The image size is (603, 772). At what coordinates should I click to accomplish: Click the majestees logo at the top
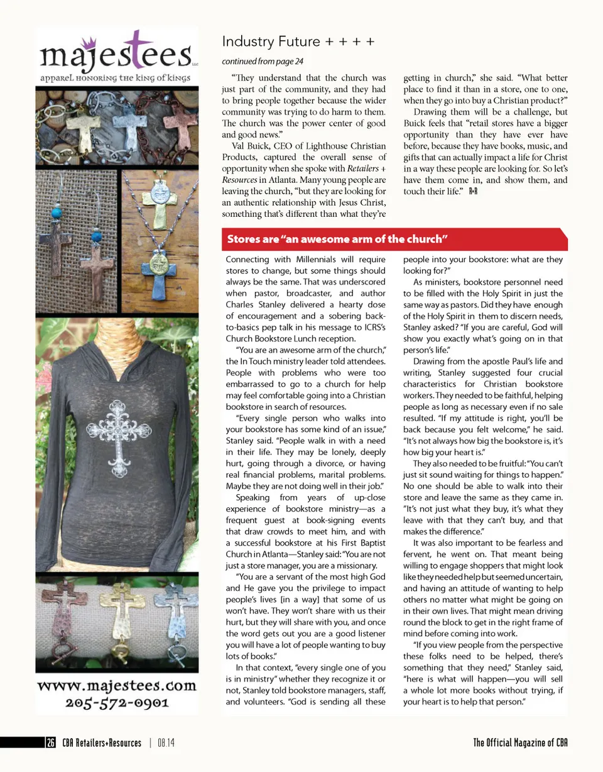pyautogui.click(x=117, y=53)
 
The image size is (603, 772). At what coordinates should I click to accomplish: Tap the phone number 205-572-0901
pyautogui.click(x=117, y=702)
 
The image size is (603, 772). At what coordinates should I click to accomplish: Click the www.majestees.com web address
pyautogui.click(x=117, y=684)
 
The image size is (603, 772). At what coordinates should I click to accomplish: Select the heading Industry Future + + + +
pyautogui.click(x=298, y=41)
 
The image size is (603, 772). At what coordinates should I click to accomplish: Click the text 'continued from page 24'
pyautogui.click(x=263, y=62)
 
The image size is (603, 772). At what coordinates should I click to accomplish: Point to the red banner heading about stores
pyautogui.click(x=337, y=239)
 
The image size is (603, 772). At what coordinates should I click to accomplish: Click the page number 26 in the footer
pyautogui.click(x=50, y=743)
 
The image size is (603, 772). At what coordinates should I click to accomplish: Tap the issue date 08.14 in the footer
pyautogui.click(x=166, y=743)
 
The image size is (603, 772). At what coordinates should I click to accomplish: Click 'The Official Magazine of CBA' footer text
pyautogui.click(x=521, y=743)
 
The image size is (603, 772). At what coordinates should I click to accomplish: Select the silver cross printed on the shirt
pyautogui.click(x=117, y=431)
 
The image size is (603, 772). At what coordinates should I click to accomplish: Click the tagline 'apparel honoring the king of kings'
pyautogui.click(x=117, y=80)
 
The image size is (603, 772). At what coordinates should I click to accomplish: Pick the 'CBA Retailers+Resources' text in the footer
pyautogui.click(x=102, y=743)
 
